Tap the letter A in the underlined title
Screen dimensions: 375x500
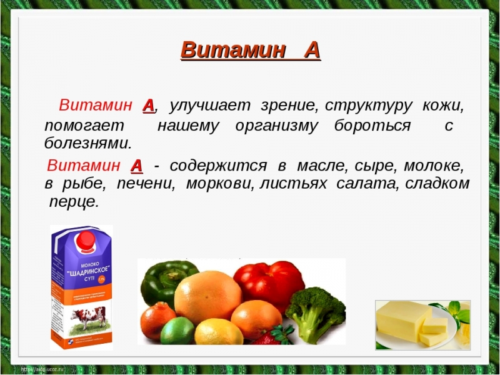pos(311,49)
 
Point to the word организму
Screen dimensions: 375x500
pos(276,125)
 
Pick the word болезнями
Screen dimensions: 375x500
pos(87,143)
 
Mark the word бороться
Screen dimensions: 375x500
pos(372,125)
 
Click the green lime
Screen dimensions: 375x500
pos(177,331)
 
